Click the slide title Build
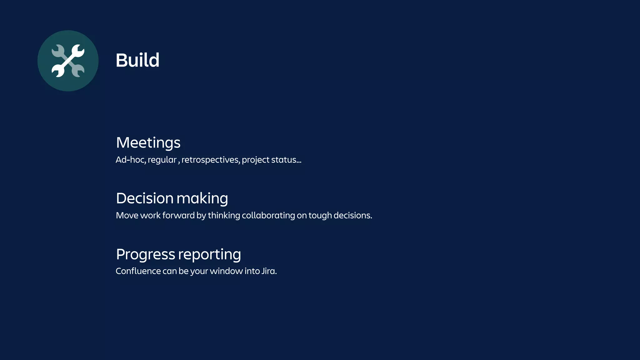pyautogui.click(x=137, y=60)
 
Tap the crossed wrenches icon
pyautogui.click(x=68, y=61)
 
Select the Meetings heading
pyautogui.click(x=148, y=142)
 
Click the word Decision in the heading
pyautogui.click(x=145, y=198)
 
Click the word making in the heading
pyautogui.click(x=202, y=198)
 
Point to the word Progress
pyautogui.click(x=145, y=254)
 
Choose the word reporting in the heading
pyautogui.click(x=210, y=254)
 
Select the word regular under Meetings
pyautogui.click(x=162, y=160)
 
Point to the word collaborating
pyautogui.click(x=268, y=215)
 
